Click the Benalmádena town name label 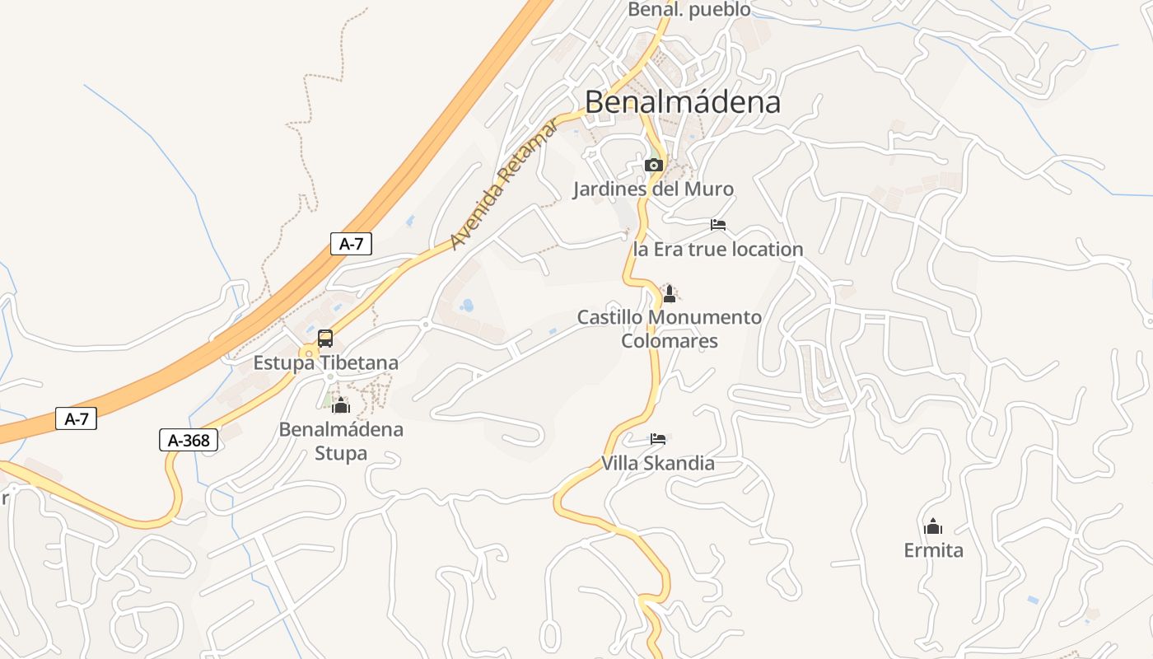[x=683, y=101]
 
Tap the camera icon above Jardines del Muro [x=654, y=165]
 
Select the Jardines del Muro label [x=653, y=189]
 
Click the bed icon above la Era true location [x=718, y=224]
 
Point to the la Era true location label [x=717, y=249]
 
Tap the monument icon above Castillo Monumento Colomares [x=670, y=293]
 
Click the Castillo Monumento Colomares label [x=670, y=329]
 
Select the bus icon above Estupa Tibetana [x=325, y=338]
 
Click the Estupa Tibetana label [x=325, y=362]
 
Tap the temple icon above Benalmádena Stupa [x=341, y=404]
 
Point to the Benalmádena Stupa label [x=341, y=441]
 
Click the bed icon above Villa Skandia [x=657, y=438]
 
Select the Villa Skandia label [x=657, y=463]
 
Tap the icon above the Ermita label [x=933, y=526]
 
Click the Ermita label [x=933, y=550]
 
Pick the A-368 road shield [x=189, y=441]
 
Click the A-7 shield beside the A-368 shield [x=77, y=418]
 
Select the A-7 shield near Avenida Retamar [x=351, y=243]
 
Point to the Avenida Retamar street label [x=504, y=184]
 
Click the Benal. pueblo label [x=689, y=10]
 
